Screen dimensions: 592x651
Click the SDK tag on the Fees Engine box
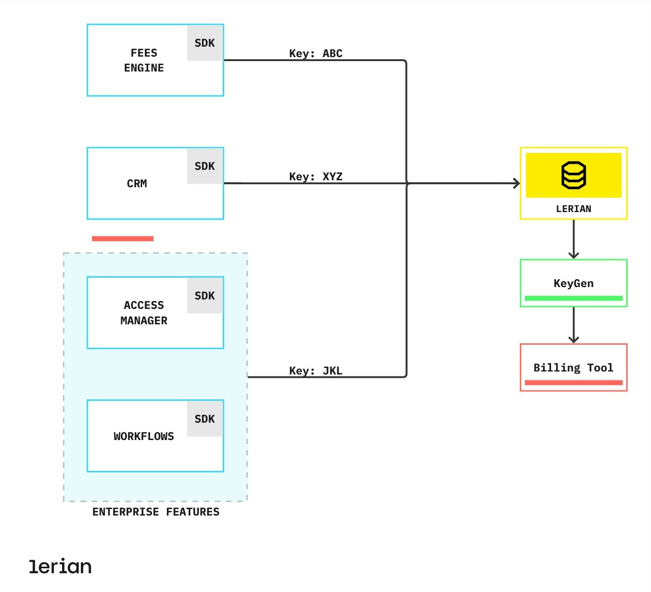(x=205, y=43)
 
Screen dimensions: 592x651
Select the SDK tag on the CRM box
(x=205, y=166)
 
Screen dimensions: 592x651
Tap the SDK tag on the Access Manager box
(x=205, y=296)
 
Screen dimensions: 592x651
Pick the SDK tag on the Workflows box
(x=205, y=419)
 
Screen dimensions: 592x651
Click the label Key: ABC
(x=316, y=54)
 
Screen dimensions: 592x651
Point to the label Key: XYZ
(x=316, y=177)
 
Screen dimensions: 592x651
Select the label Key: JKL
(x=316, y=371)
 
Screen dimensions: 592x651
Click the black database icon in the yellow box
(x=573, y=175)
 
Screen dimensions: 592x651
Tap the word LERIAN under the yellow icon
(x=573, y=209)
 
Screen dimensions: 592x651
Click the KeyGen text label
(x=573, y=284)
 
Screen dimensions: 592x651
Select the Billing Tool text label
(x=573, y=368)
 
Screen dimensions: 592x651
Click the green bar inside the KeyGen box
(x=573, y=298)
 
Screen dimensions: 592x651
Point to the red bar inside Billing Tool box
(x=573, y=382)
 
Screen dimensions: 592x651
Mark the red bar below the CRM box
(x=123, y=239)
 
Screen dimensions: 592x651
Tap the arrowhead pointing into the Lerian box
(x=517, y=183)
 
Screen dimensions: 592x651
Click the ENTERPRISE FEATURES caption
(x=156, y=512)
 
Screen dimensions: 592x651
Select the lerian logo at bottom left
(x=60, y=567)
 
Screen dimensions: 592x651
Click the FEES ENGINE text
(x=144, y=61)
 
